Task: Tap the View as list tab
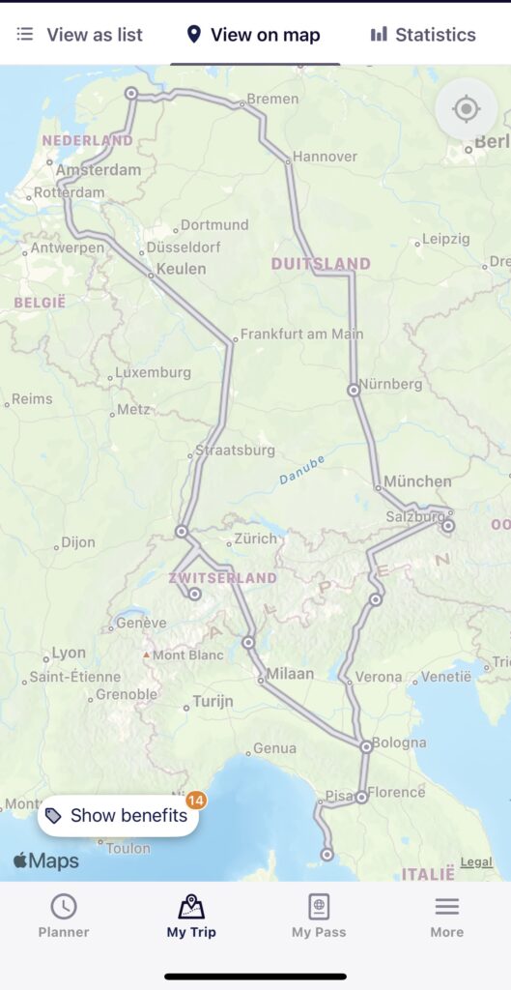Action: (80, 35)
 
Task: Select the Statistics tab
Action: (423, 35)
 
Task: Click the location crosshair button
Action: (466, 109)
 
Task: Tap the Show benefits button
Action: (118, 815)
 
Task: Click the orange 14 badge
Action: (196, 800)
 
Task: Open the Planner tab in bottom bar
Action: (64, 916)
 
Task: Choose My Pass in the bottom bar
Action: (319, 916)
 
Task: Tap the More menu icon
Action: (446, 916)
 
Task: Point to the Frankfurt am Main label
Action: (301, 334)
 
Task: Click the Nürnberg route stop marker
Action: (354, 391)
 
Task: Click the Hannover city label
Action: (325, 156)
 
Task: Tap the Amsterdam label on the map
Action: (99, 170)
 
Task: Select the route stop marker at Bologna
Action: (367, 746)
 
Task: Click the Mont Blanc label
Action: (182, 655)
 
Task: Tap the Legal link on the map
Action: (476, 861)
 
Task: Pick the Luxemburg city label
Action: (153, 372)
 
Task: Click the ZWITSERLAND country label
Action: (222, 577)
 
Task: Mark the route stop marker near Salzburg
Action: (448, 525)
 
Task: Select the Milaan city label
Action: (290, 673)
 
